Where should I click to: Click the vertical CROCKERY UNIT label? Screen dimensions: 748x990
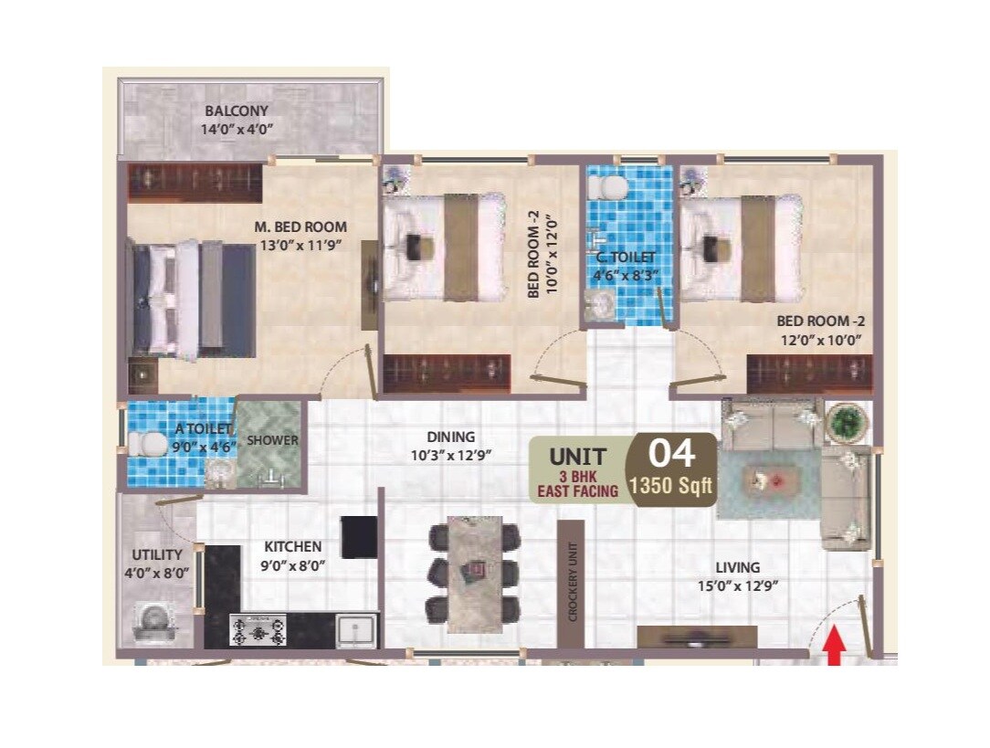tap(573, 583)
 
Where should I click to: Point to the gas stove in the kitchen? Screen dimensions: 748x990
tap(258, 629)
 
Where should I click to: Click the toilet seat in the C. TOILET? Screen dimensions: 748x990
tap(607, 188)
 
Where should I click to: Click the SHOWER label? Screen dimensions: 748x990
tap(273, 440)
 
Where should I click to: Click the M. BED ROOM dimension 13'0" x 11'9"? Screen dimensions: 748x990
tap(300, 244)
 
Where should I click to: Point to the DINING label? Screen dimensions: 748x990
tap(451, 437)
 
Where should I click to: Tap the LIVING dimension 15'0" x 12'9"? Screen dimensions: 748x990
tap(737, 585)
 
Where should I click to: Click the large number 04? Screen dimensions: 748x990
tap(671, 453)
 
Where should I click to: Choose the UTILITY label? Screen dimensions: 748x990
tap(157, 554)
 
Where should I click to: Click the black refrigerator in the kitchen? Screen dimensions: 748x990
tap(359, 536)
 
